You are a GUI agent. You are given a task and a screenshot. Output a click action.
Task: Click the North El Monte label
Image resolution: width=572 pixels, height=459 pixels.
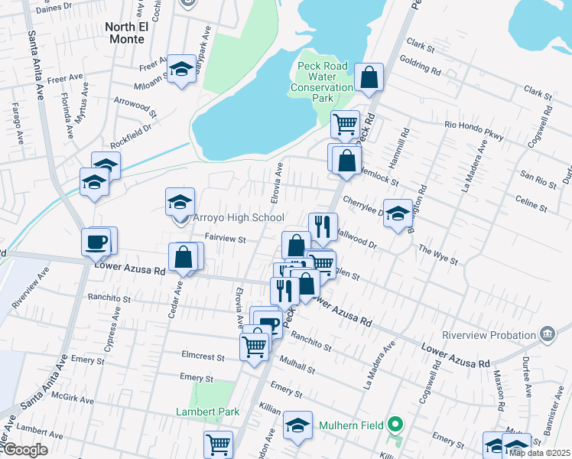click(x=125, y=33)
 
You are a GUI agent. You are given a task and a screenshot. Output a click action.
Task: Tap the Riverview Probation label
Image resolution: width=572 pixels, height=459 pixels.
click(x=489, y=335)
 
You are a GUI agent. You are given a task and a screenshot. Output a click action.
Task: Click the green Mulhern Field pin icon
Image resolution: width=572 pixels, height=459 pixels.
click(x=395, y=423)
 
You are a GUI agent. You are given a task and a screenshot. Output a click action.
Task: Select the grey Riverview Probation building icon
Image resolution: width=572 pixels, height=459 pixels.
click(x=547, y=334)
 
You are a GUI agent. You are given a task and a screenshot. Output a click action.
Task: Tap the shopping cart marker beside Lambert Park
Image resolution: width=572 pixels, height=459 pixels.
click(x=218, y=444)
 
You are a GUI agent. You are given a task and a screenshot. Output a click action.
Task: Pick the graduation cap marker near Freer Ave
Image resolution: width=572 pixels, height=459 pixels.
click(x=182, y=70)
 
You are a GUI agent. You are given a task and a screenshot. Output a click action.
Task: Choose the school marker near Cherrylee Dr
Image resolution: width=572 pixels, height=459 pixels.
click(x=398, y=215)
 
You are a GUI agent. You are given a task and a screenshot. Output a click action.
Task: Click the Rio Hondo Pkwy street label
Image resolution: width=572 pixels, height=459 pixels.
click(x=474, y=131)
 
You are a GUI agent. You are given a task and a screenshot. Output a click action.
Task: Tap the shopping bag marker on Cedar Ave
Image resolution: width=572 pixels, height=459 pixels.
click(x=184, y=257)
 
